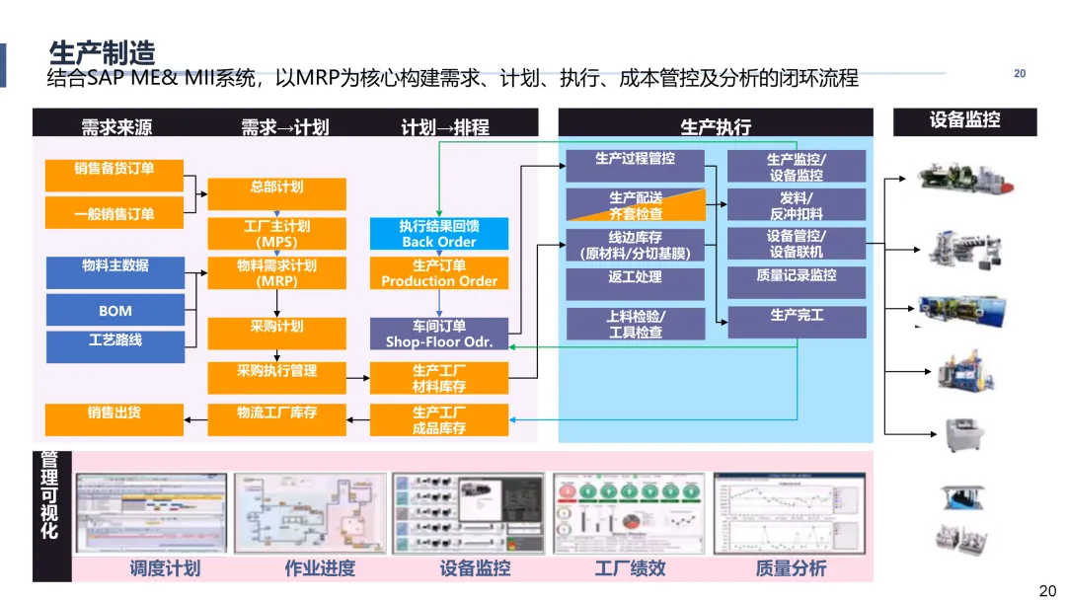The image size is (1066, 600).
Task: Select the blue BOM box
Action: point(114,311)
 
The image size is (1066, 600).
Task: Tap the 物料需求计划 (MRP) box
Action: point(276,273)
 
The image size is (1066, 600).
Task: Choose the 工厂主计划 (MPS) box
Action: point(276,234)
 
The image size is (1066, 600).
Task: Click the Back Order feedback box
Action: point(439,234)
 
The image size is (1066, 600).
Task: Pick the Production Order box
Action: point(439,273)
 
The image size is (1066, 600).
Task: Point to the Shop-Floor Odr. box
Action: point(439,334)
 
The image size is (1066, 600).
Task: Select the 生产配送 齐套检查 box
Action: point(635,205)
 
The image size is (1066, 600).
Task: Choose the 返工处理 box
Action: point(635,284)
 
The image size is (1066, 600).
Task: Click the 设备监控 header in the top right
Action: point(964,121)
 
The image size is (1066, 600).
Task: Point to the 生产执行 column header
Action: point(716,125)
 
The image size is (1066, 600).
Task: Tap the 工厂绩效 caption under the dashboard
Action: point(630,568)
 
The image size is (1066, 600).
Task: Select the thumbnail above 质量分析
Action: point(789,513)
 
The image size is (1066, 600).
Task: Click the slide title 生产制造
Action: point(103,52)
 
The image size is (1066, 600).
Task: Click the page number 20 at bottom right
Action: point(1047,590)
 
